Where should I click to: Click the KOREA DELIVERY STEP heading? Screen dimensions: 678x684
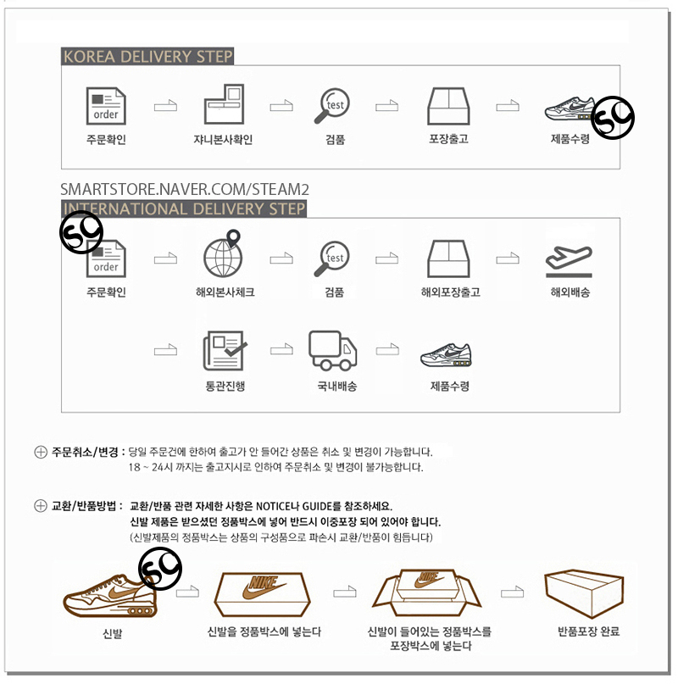click(147, 56)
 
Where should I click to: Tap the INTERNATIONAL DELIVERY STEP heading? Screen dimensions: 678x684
click(184, 209)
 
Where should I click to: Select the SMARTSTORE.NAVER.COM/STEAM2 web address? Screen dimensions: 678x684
click(185, 189)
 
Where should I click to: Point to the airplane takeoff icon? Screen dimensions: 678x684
click(569, 261)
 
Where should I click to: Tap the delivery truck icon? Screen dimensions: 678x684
click(332, 350)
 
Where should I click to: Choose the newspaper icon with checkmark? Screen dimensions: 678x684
click(225, 351)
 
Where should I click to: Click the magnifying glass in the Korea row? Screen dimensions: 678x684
click(332, 106)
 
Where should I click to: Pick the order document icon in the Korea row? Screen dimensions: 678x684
click(106, 106)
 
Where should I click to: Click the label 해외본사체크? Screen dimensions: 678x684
click(225, 292)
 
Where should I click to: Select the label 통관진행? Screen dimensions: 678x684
click(225, 386)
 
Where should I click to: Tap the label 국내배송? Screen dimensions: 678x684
click(336, 386)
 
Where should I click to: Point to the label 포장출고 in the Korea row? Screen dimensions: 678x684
click(448, 139)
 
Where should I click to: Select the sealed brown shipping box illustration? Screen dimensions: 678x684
click(584, 593)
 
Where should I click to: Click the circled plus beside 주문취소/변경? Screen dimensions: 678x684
click(41, 452)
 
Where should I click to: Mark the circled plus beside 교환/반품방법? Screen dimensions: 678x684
click(41, 506)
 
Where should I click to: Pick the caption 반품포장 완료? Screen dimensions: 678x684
click(588, 631)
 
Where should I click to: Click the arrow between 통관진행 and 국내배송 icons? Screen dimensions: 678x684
click(281, 349)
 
